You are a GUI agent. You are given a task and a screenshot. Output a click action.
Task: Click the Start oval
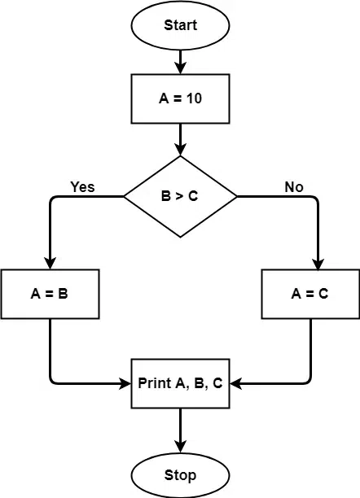pos(180,25)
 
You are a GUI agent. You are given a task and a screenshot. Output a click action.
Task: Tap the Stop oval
pos(180,474)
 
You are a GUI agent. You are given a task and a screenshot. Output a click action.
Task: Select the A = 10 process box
pos(180,98)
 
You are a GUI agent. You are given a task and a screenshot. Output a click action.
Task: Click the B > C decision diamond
pos(180,196)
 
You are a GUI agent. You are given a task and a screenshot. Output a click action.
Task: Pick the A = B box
pos(50,294)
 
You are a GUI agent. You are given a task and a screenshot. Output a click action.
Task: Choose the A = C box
pos(310,294)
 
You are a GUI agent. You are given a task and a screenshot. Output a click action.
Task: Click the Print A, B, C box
pos(180,382)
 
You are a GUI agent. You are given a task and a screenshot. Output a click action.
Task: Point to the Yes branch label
pos(82,186)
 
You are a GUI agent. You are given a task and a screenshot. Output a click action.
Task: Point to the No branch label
pos(294,186)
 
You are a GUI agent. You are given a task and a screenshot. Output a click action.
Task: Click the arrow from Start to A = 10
pos(180,61)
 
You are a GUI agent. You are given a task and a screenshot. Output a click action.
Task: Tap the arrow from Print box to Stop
pos(180,430)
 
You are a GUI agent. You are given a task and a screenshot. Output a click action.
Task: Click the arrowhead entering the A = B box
pos(50,263)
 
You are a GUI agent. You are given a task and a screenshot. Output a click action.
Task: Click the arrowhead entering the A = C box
pos(310,263)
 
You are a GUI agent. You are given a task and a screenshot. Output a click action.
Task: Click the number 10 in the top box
pos(195,98)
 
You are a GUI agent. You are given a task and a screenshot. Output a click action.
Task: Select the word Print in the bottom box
pos(155,382)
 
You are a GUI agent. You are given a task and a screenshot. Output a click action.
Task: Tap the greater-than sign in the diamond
pos(180,196)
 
